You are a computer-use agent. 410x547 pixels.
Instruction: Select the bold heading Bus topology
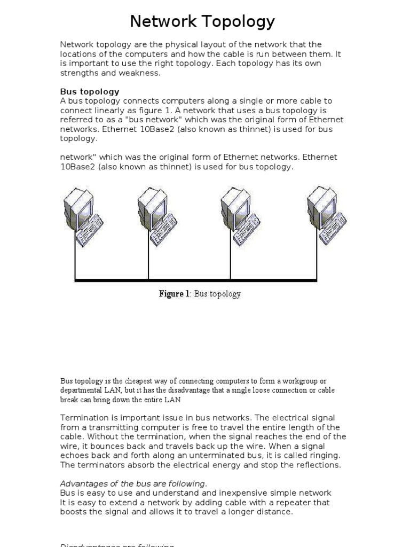90,91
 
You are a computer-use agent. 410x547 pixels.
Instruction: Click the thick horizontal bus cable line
195,280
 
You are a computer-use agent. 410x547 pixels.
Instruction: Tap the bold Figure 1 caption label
174,294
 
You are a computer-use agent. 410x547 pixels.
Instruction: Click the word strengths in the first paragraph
81,73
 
